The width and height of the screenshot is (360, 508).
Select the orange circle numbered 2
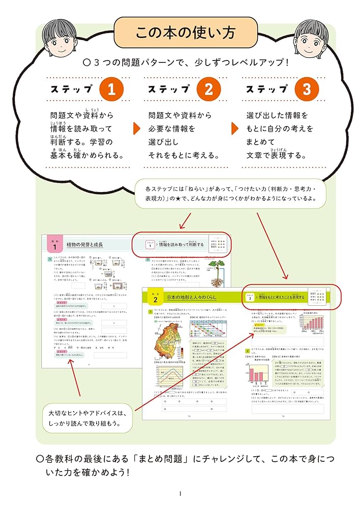208,89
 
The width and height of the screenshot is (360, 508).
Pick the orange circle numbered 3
306,89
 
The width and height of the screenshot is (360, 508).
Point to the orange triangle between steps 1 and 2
136,128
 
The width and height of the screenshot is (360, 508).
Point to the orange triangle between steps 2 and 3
234,128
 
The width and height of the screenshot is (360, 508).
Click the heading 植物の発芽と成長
85,245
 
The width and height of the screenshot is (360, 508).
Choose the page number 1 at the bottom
180,494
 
